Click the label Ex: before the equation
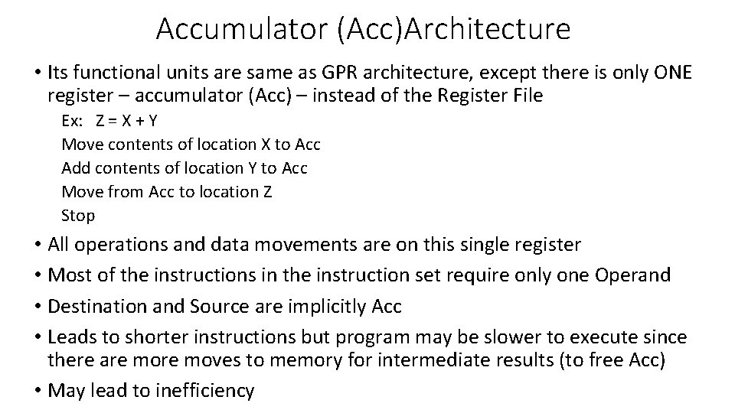pos(73,121)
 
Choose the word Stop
pos(78,216)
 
